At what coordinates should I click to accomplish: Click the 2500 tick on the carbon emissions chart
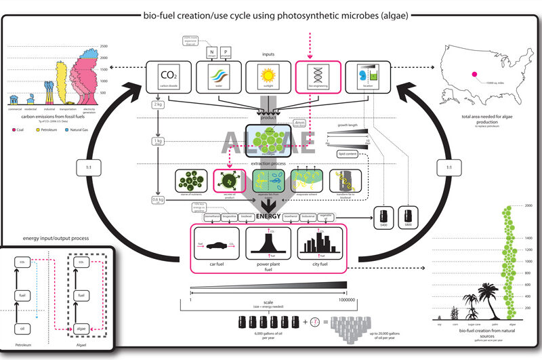click(104, 46)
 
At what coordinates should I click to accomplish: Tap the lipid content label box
click(347, 154)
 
